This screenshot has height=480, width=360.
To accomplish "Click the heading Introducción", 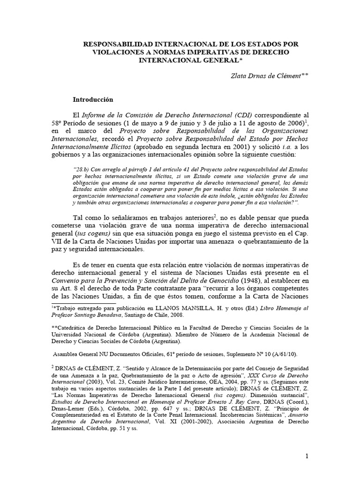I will click(93, 100).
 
